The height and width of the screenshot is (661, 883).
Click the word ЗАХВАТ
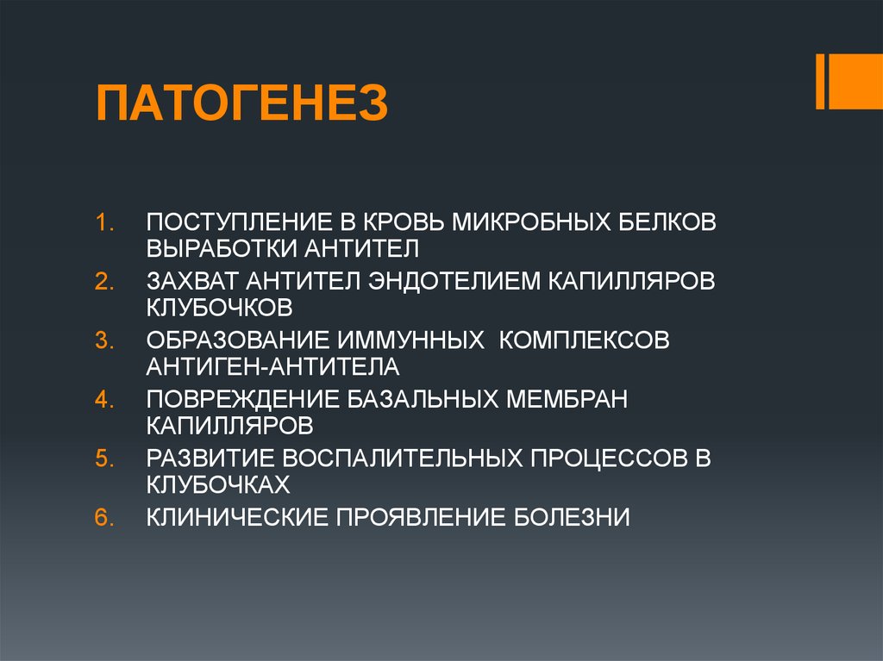(x=191, y=282)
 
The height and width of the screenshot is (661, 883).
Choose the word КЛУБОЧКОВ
(x=220, y=308)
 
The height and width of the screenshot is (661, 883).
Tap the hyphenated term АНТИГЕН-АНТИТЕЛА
(x=272, y=367)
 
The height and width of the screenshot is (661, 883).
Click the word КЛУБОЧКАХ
(x=217, y=484)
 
